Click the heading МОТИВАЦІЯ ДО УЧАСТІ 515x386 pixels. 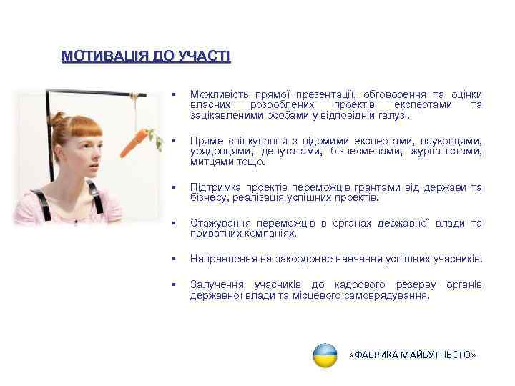(146, 56)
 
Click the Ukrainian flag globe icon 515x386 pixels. (325, 355)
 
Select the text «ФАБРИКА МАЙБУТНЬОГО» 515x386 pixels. (411, 355)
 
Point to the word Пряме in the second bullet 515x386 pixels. (206, 141)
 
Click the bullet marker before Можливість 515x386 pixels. (174, 95)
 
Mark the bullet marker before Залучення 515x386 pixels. (174, 285)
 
